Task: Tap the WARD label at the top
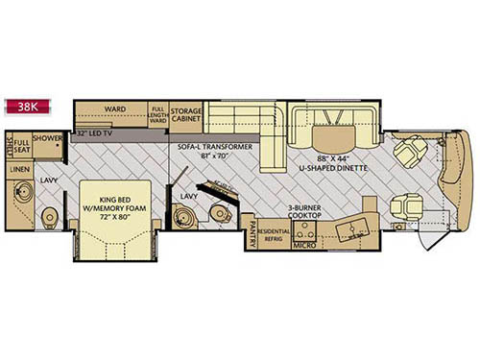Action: [117, 109]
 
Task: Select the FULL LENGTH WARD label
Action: [158, 117]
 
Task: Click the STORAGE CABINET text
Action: [186, 116]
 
